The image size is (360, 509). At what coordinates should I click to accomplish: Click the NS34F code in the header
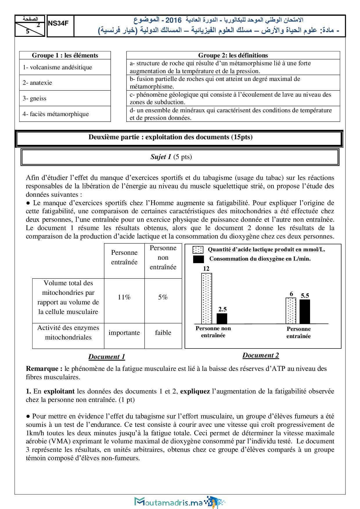pyautogui.click(x=58, y=24)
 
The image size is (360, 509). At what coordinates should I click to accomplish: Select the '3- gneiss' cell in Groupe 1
pyautogui.click(x=65, y=98)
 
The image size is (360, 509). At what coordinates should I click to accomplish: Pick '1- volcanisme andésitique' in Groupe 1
pyautogui.click(x=65, y=67)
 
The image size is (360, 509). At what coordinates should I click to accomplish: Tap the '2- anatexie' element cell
pyautogui.click(x=65, y=83)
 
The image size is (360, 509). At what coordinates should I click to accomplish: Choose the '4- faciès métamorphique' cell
pyautogui.click(x=65, y=114)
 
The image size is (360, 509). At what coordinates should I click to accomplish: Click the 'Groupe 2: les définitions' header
pyautogui.click(x=233, y=55)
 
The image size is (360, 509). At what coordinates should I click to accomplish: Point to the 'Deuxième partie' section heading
pyautogui.click(x=170, y=137)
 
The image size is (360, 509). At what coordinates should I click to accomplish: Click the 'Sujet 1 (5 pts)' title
pyautogui.click(x=171, y=157)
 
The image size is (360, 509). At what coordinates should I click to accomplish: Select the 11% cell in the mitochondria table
pyautogui.click(x=124, y=297)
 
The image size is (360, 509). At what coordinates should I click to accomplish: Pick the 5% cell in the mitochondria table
pyautogui.click(x=163, y=297)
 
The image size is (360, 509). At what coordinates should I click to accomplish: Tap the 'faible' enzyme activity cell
pyautogui.click(x=163, y=333)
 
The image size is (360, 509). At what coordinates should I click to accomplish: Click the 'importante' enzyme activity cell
pyautogui.click(x=124, y=333)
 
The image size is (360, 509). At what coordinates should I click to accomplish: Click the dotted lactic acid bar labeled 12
pyautogui.click(x=206, y=298)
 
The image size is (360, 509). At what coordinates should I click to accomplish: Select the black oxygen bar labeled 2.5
pyautogui.click(x=222, y=318)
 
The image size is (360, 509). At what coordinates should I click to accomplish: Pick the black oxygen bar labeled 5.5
pyautogui.click(x=305, y=311)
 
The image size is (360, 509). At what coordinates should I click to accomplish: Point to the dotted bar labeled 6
pyautogui.click(x=291, y=311)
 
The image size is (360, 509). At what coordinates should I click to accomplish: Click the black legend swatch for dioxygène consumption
pyautogui.click(x=199, y=259)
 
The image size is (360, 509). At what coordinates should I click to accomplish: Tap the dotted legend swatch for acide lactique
pyautogui.click(x=198, y=250)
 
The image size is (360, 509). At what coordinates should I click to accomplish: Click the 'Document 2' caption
pyautogui.click(x=261, y=355)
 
